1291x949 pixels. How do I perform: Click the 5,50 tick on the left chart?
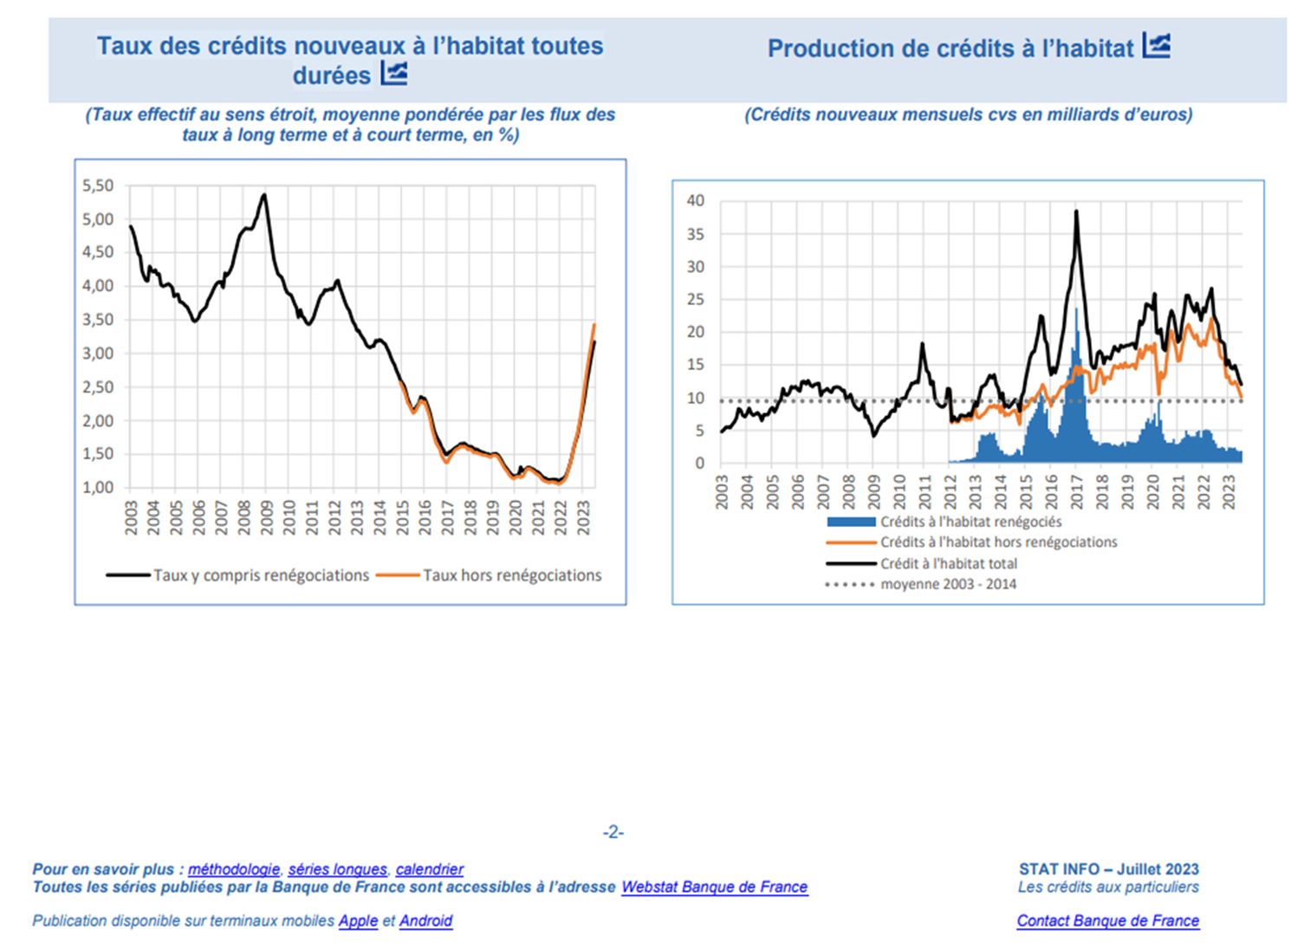pos(98,185)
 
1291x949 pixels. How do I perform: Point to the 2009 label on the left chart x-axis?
pos(267,517)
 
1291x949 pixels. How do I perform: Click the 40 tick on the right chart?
pos(695,201)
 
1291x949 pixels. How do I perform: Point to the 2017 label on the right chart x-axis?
pos(1077,491)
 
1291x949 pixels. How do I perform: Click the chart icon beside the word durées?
pos(394,74)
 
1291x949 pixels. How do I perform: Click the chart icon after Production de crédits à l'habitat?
pos(1157,45)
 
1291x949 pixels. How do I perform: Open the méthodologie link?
pos(234,869)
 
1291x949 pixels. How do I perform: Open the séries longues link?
pos(338,869)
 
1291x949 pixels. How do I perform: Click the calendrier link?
pos(430,869)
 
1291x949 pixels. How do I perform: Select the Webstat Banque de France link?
pos(715,887)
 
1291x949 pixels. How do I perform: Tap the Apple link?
pos(358,921)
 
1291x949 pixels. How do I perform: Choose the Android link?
pos(425,921)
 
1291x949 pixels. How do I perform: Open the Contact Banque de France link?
pos(1108,921)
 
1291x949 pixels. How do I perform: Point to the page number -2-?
pos(613,833)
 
